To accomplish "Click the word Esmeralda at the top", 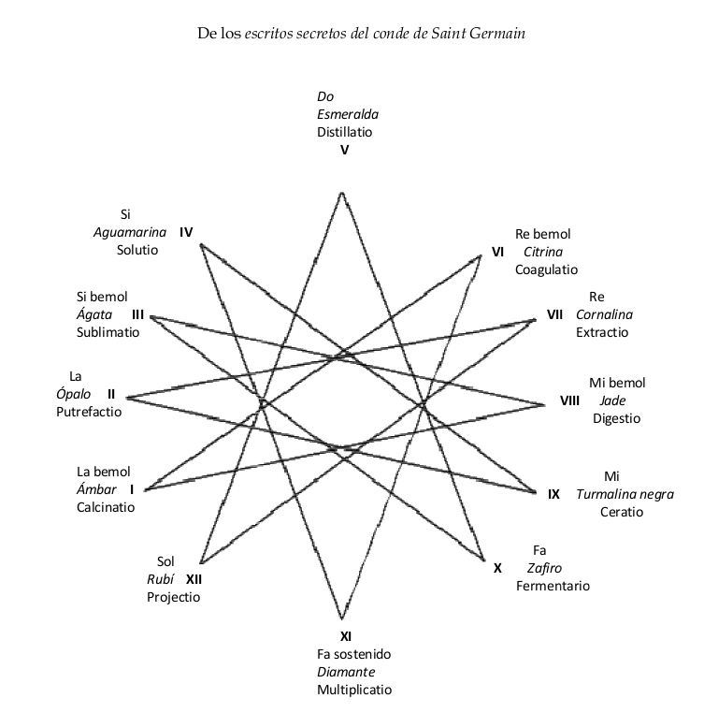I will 348,114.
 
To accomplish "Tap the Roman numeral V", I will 344,150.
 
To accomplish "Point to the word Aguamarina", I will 130,232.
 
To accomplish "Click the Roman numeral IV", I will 185,232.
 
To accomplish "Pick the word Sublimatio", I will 108,331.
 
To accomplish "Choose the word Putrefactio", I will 89,412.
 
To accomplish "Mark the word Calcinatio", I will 106,507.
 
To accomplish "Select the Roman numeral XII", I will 194,578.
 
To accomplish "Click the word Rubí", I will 161,578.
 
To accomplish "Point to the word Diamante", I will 346,672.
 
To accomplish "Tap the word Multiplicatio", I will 354,690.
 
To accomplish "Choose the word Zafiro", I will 544,567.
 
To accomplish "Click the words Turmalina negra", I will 625,494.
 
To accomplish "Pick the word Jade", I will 612,400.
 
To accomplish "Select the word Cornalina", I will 604,314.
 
